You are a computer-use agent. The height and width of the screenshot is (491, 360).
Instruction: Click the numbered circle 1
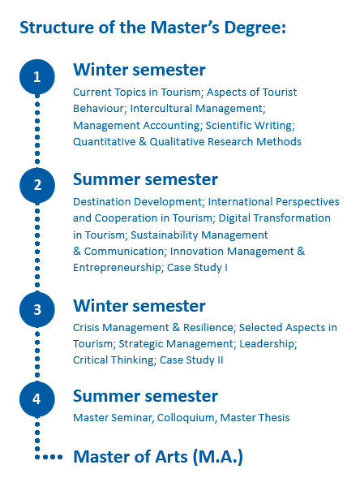tap(37, 77)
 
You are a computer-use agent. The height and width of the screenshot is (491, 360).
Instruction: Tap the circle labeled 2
tap(37, 185)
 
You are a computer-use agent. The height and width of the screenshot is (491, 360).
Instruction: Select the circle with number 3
tap(37, 309)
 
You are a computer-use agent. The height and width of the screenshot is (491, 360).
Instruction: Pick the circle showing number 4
tap(37, 398)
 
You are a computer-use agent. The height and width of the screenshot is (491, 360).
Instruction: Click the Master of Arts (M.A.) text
tap(158, 457)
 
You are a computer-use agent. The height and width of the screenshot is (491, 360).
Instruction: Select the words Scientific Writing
tap(249, 126)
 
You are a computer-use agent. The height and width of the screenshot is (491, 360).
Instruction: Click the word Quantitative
tap(104, 142)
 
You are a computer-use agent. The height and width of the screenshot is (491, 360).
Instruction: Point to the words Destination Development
tap(137, 202)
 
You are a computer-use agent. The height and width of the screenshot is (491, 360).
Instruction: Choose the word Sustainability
tap(165, 235)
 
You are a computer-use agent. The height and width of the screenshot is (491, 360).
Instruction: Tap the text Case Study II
tap(191, 360)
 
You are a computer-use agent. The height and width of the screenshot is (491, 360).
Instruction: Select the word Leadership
tap(267, 344)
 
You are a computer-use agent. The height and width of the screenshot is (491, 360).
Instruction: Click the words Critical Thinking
tap(114, 360)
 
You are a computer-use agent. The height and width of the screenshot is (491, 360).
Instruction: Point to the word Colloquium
tap(186, 418)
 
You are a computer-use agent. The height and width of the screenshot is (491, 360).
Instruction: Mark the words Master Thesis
tap(255, 418)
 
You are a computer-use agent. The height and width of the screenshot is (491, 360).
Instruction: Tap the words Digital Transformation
tap(274, 218)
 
